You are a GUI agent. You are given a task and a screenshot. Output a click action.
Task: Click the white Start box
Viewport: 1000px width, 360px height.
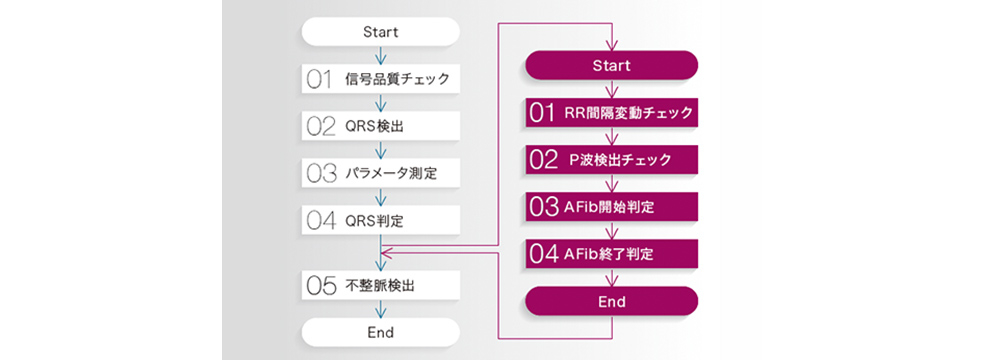coord(380,31)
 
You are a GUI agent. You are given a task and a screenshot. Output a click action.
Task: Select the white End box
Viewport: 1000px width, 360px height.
coord(380,332)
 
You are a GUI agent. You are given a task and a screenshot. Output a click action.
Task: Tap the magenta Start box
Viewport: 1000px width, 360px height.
coord(611,66)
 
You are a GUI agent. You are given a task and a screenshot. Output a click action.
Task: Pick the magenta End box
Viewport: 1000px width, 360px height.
coord(611,301)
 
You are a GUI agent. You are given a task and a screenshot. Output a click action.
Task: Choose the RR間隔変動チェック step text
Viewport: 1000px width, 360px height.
coord(627,112)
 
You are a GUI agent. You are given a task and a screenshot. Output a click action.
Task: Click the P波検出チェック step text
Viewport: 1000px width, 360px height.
coord(620,159)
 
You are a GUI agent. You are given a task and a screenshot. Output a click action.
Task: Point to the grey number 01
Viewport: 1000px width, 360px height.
coord(320,79)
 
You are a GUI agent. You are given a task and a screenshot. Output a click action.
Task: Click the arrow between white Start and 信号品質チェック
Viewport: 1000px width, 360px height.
coord(380,55)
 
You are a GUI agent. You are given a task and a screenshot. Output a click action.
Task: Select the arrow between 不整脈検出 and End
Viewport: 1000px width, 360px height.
coord(380,309)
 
